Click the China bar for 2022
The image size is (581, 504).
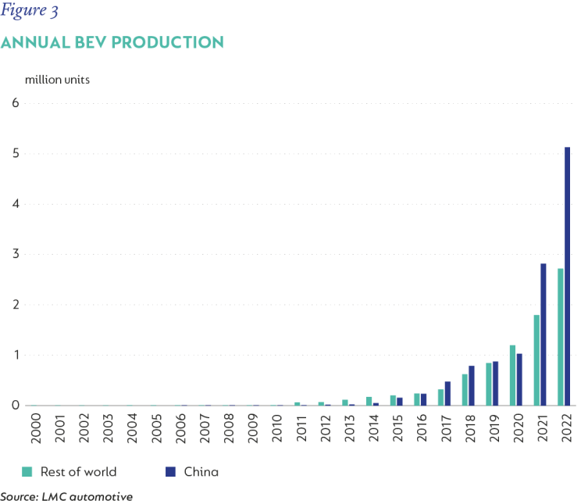pos(567,276)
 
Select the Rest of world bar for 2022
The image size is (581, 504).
pos(560,337)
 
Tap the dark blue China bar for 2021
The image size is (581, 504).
pos(544,334)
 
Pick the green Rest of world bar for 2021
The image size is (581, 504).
pos(536,359)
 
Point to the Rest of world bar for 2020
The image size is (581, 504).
pos(512,375)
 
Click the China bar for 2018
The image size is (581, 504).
pos(472,385)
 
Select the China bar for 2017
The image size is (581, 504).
pos(447,393)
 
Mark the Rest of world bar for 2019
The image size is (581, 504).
pos(489,384)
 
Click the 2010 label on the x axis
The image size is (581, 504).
pos(277,428)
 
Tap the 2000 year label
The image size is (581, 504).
pos(36,428)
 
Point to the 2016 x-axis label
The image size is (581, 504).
pos(422,427)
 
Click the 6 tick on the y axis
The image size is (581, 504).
pos(15,102)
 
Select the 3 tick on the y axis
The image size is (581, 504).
pos(16,254)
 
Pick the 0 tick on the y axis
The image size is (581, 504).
pos(16,405)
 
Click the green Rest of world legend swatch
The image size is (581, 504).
pos(27,471)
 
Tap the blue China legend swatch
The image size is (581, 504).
pos(170,471)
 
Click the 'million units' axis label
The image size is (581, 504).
pos(58,80)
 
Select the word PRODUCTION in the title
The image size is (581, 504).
pos(168,42)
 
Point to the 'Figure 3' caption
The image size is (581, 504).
pos(29,10)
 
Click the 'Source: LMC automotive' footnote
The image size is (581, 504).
pos(66,497)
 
